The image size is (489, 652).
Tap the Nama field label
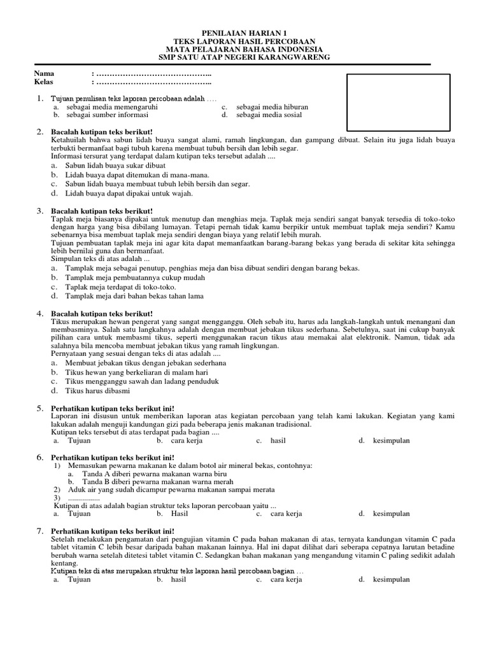(44, 74)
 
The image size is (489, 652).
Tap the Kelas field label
(44, 81)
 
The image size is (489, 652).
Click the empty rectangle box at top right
(398, 102)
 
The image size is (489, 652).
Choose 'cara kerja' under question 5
(187, 441)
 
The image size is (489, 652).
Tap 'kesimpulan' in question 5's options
(391, 441)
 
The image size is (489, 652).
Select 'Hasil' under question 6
(180, 514)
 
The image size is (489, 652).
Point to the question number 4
(39, 314)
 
